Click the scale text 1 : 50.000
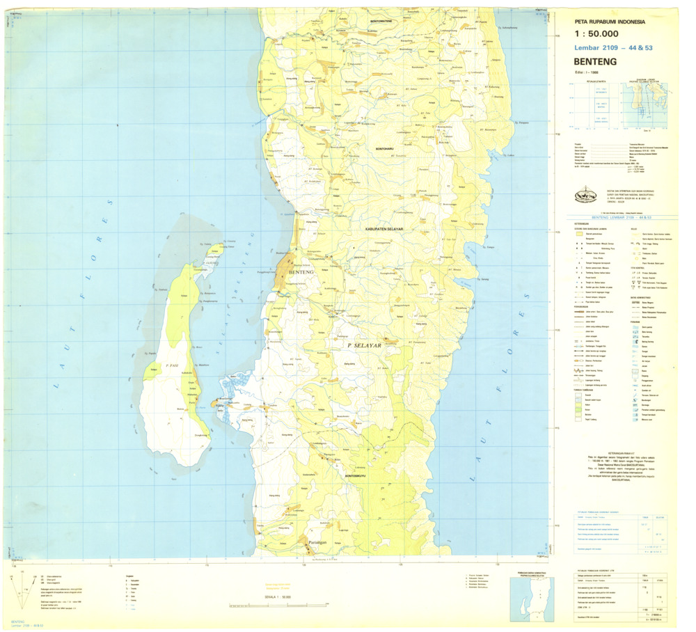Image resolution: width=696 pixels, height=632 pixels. tap(596, 33)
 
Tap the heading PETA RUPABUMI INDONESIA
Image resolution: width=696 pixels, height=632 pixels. tap(610, 21)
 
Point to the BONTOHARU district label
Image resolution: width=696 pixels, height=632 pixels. tap(390, 148)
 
